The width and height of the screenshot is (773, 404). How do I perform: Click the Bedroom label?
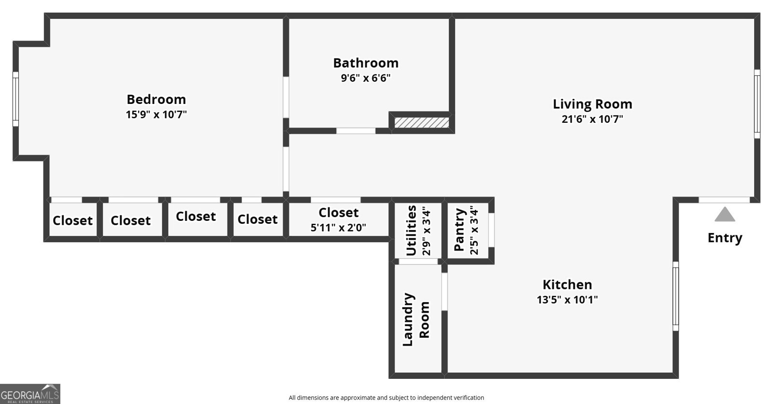tap(156, 99)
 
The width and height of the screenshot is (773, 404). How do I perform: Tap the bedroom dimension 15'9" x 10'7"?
tap(156, 115)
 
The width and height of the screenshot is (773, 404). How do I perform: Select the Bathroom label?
tap(366, 63)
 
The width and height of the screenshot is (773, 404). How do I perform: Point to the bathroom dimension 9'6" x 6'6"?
tap(366, 78)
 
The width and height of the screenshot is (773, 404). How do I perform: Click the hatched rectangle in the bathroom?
tap(421, 122)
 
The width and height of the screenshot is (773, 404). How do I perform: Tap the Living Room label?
tap(592, 104)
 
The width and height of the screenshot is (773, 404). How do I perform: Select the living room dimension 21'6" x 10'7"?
tap(592, 119)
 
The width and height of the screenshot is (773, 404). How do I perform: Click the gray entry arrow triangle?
tap(725, 215)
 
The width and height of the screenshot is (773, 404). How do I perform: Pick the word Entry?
tap(725, 238)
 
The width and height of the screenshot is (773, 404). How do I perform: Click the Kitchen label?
tap(567, 284)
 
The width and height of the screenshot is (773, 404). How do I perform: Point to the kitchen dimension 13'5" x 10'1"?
tap(567, 300)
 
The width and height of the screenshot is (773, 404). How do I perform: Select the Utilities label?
tap(411, 231)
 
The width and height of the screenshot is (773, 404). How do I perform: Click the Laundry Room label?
tap(416, 319)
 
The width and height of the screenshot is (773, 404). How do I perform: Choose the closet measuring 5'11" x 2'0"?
tap(338, 219)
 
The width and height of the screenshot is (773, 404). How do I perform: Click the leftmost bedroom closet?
tap(72, 220)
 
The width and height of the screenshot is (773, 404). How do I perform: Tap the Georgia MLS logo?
tap(30, 394)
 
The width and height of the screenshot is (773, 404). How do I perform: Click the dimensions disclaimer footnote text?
tap(386, 398)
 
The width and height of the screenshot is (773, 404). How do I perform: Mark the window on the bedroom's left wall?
tap(15, 99)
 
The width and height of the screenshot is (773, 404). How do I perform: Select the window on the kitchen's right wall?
tap(675, 296)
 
